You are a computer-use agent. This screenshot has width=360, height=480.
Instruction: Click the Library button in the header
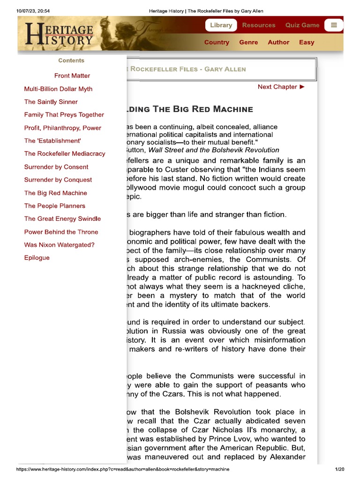[221, 25]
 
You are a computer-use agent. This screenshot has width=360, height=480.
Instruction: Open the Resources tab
[259, 25]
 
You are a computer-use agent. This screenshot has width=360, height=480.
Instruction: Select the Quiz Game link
[302, 25]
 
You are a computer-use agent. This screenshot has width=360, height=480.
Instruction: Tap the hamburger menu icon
[334, 25]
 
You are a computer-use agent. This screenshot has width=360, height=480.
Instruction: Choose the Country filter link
[217, 42]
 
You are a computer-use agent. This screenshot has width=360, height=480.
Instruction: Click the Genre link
[248, 42]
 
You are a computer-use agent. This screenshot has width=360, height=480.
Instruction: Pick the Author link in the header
[278, 42]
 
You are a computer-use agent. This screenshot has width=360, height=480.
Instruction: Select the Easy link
[307, 42]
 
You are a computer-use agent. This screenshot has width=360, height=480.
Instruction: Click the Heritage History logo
[60, 33]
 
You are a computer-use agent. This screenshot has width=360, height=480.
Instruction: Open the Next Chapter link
[281, 87]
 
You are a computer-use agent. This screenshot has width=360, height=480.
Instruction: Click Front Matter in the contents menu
[72, 76]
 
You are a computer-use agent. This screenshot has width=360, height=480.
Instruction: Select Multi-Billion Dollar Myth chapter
[58, 89]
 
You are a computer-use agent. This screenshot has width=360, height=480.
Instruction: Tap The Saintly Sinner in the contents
[51, 102]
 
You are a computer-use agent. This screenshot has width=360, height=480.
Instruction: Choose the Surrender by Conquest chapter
[58, 180]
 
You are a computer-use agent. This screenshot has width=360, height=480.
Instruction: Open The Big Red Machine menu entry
[56, 193]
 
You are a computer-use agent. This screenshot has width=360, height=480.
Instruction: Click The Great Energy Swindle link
[62, 218]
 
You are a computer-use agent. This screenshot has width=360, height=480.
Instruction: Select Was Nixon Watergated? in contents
[60, 245]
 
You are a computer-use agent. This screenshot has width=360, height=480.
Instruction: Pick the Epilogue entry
[37, 258]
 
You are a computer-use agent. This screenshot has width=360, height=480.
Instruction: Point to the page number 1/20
[339, 469]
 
